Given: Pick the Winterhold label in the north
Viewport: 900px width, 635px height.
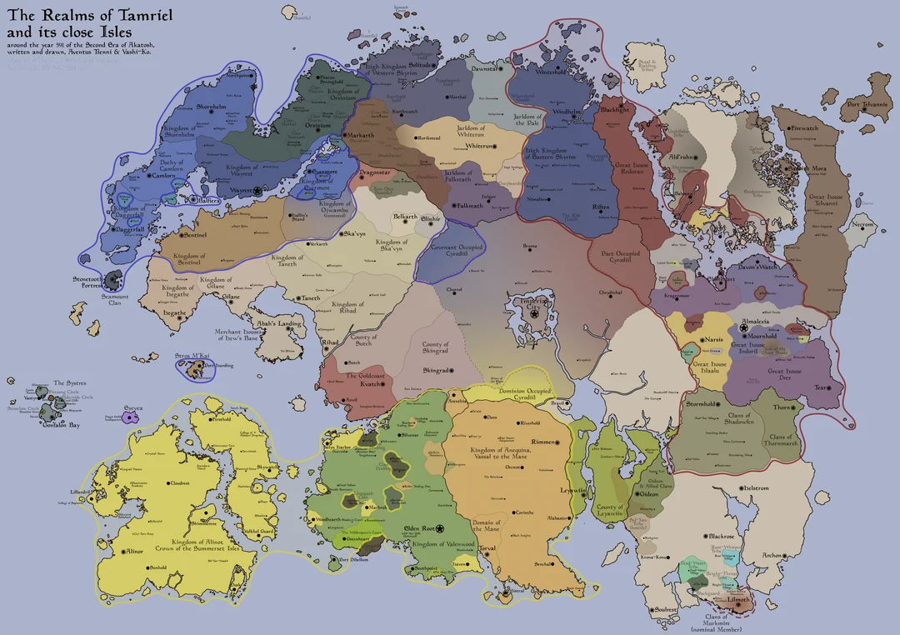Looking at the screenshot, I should tap(550, 72).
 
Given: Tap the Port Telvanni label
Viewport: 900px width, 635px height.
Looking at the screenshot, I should tap(865, 105).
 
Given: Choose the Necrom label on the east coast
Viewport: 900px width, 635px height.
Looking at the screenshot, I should tap(862, 225).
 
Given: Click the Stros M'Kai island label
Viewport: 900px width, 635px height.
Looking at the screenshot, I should tap(192, 356).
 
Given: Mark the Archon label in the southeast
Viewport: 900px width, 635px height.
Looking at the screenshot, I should tap(772, 555).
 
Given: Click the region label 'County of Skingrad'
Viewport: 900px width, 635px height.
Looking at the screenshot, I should tap(435, 348).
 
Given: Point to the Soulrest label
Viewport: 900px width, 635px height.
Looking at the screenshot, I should tap(665, 609).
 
